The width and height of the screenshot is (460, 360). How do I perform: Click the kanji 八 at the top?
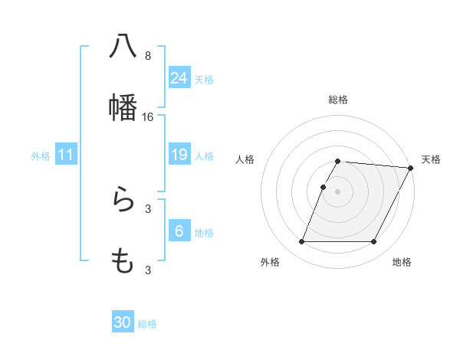click(123, 46)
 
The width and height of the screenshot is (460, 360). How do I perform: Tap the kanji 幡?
click(123, 106)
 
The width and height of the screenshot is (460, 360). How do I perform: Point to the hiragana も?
click(123, 260)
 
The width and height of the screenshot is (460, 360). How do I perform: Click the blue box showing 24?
click(179, 77)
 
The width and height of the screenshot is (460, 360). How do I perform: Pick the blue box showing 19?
click(179, 155)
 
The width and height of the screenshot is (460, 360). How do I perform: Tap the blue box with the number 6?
click(179, 231)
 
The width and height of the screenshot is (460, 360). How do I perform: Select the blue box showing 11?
click(66, 155)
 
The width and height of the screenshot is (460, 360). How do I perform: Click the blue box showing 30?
click(123, 322)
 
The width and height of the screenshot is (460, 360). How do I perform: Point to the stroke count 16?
click(148, 117)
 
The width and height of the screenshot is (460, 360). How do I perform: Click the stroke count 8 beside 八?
click(148, 56)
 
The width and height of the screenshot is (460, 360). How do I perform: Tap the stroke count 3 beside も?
click(148, 270)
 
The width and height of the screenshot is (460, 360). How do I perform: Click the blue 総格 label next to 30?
click(148, 324)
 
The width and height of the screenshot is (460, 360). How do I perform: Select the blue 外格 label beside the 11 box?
click(41, 156)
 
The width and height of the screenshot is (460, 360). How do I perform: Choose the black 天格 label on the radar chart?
click(432, 159)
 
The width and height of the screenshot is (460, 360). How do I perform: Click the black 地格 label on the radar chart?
click(402, 262)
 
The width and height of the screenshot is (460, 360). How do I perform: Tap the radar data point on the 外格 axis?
click(301, 242)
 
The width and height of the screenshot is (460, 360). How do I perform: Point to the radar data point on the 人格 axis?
click(324, 187)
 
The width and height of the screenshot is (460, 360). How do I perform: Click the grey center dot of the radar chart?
click(338, 191)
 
